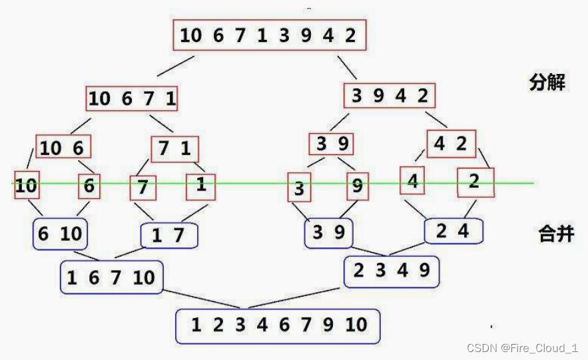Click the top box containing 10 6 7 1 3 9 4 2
click(x=269, y=35)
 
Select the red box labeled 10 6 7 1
click(x=133, y=98)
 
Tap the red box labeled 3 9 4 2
click(x=390, y=96)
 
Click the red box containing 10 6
click(x=63, y=147)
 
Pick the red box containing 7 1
click(x=174, y=148)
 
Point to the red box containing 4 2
click(x=451, y=142)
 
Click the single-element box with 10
click(x=27, y=186)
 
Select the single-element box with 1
click(x=201, y=186)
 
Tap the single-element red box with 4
click(x=413, y=181)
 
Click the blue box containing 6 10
click(x=61, y=233)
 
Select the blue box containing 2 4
click(x=453, y=231)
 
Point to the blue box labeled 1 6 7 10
click(x=111, y=277)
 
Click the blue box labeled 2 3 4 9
click(x=391, y=270)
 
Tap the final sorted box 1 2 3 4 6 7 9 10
click(x=278, y=325)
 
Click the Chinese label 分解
click(x=548, y=83)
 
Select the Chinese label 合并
click(x=556, y=234)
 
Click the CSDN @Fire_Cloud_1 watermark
click(x=522, y=348)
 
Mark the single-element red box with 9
click(x=358, y=187)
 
